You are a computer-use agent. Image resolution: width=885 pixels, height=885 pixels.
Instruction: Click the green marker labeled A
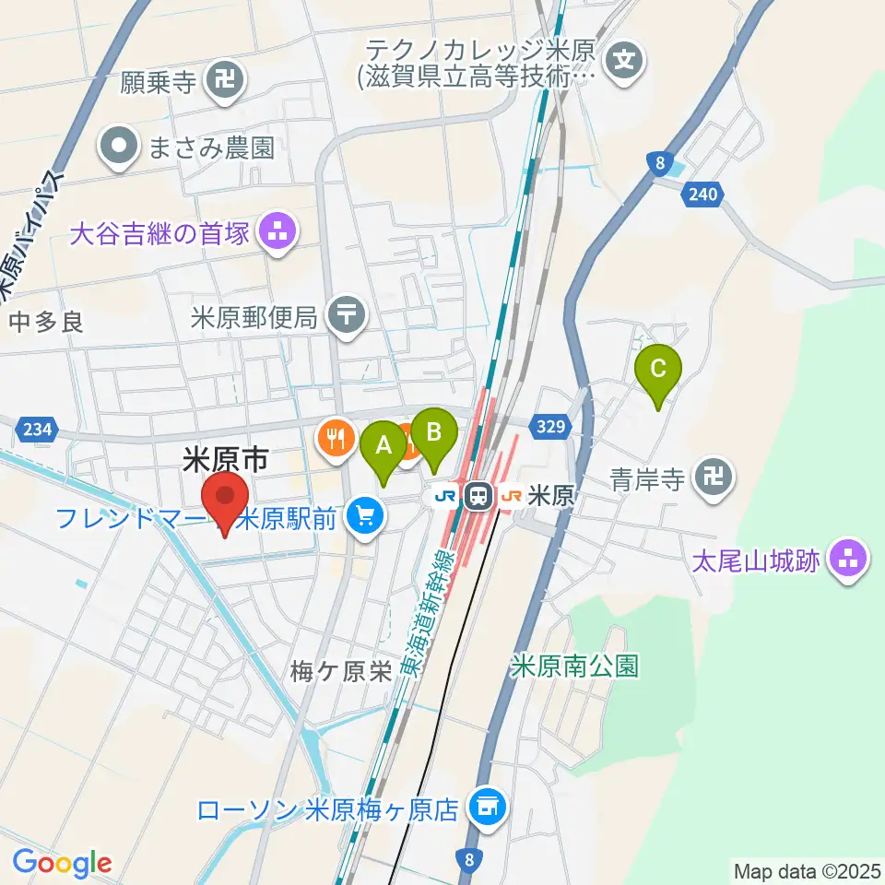[x=383, y=447]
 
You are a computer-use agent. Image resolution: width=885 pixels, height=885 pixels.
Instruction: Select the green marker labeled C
[x=658, y=369]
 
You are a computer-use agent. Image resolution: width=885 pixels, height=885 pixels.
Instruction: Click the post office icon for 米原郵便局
[x=348, y=316]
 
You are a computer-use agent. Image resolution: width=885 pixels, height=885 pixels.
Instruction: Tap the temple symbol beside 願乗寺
[x=223, y=82]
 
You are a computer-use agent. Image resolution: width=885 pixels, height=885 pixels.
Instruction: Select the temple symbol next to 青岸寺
[x=714, y=478]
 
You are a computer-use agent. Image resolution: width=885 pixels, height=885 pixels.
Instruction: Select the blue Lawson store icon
[x=486, y=808]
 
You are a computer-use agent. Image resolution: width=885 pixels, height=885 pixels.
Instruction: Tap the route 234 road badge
[x=36, y=429]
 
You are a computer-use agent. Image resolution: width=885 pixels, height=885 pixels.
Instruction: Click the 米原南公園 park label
[x=575, y=667]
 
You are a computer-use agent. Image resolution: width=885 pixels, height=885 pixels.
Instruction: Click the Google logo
[x=62, y=864]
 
